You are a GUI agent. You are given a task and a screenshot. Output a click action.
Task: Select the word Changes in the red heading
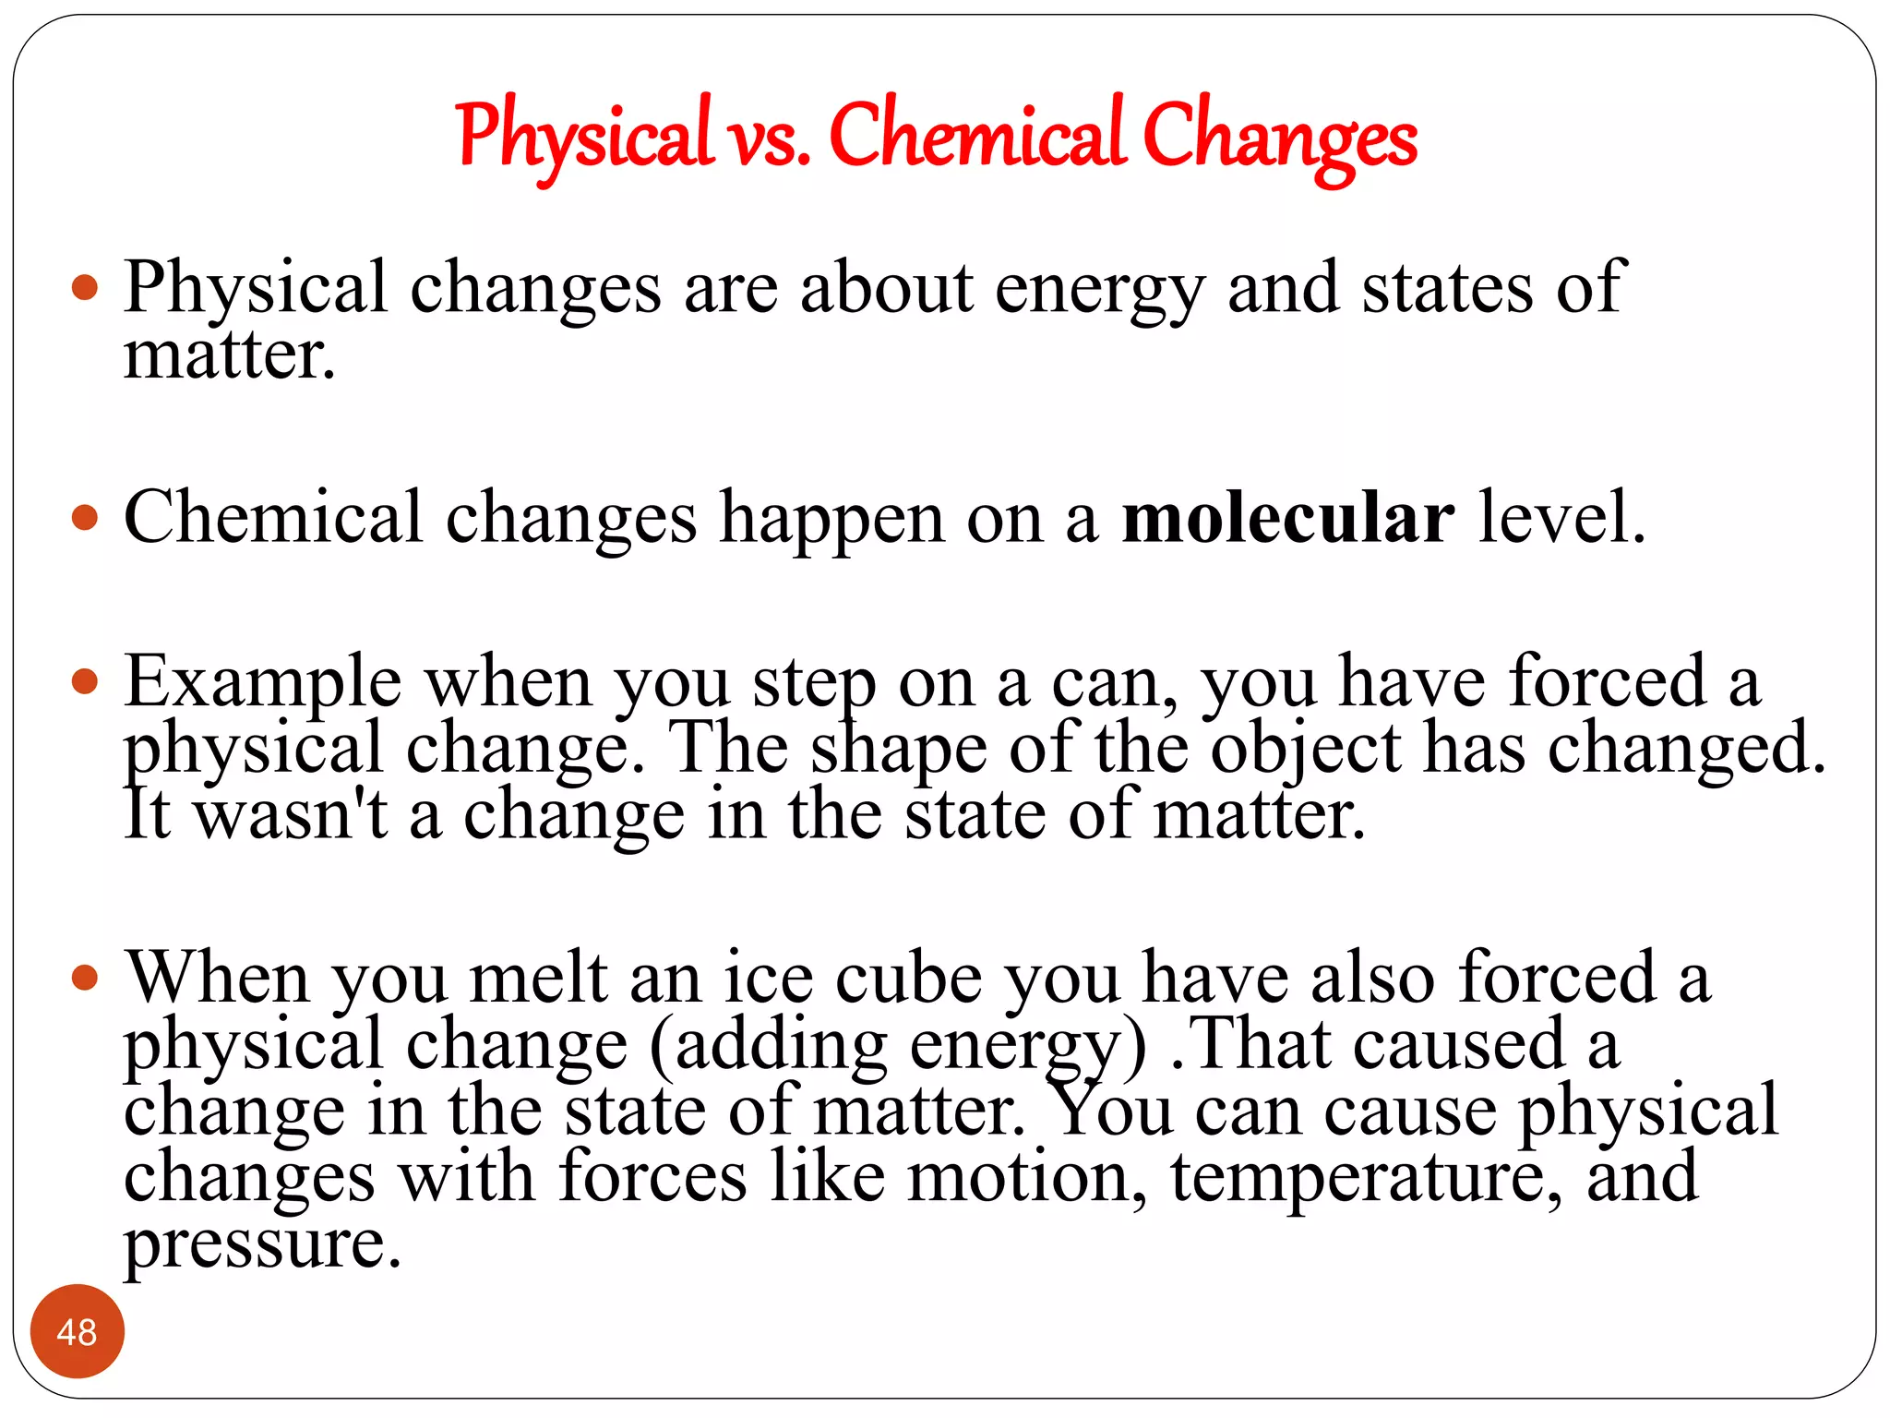coord(1279,138)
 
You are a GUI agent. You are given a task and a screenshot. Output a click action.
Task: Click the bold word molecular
coord(1288,518)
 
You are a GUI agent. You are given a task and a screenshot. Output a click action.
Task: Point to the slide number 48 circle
coord(77,1331)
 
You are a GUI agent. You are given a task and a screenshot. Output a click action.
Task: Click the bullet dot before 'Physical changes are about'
coord(84,287)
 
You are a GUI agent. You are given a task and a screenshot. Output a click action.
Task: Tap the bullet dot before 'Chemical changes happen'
coord(84,517)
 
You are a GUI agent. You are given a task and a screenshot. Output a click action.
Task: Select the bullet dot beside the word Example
coord(84,682)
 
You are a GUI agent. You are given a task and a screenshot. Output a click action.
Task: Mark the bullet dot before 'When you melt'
coord(84,978)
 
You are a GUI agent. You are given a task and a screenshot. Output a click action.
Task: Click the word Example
coord(263,683)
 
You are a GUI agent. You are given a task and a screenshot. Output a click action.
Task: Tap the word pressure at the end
coord(262,1246)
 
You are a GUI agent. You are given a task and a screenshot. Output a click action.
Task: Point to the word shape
coord(898,750)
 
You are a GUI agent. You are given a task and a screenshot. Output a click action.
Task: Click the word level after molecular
coord(1561,518)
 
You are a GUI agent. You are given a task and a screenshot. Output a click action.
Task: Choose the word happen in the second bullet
coord(831,520)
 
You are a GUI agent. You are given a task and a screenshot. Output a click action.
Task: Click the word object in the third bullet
coord(1305,750)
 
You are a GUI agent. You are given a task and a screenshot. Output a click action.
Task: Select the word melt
coord(539,979)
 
